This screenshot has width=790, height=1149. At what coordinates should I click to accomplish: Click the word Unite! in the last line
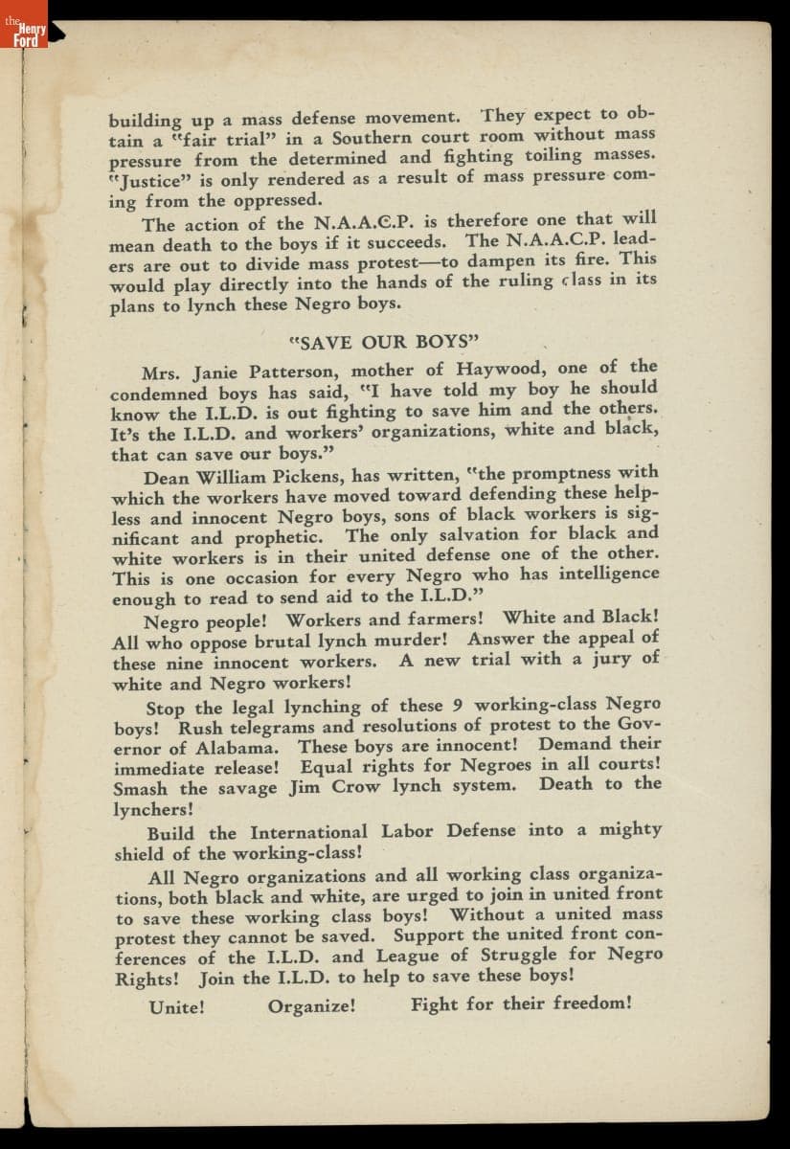click(177, 1007)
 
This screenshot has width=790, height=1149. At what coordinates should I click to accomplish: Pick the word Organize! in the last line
click(312, 1006)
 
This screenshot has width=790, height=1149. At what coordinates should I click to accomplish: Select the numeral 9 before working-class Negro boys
click(457, 706)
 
